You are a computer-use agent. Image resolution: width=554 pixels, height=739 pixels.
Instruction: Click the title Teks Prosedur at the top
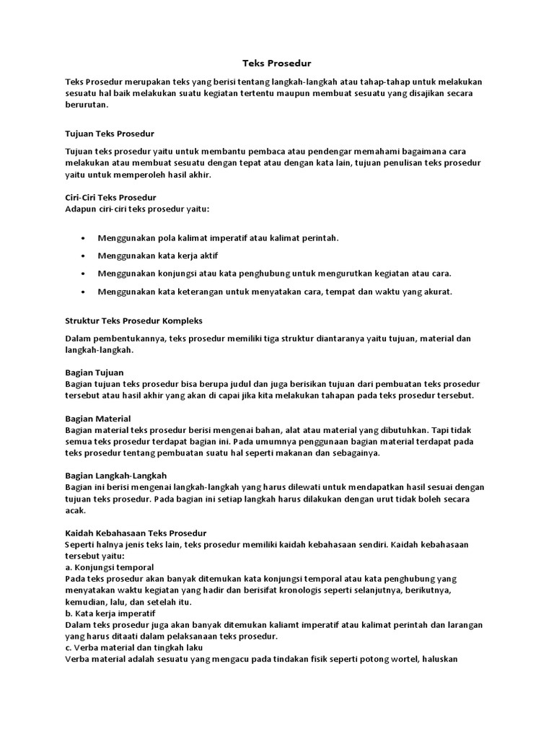click(x=276, y=64)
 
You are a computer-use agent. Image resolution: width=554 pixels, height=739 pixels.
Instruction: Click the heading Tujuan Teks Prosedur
click(x=110, y=134)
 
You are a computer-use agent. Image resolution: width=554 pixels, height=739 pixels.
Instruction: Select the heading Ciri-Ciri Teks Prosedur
click(x=110, y=197)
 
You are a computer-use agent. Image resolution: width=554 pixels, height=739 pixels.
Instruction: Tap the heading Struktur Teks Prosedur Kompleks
click(x=135, y=320)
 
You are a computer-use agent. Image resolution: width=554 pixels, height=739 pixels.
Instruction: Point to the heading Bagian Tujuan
click(x=94, y=372)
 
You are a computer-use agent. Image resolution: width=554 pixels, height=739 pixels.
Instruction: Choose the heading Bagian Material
click(x=97, y=419)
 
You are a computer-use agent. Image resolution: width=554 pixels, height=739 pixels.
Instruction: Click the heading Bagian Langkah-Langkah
click(x=115, y=475)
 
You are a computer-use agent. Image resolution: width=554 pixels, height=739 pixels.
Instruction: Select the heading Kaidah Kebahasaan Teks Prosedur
click(x=136, y=533)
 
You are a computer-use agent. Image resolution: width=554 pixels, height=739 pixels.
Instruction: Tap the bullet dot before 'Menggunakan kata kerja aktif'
click(x=84, y=255)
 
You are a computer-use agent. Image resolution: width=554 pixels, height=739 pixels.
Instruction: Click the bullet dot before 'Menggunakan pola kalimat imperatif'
click(x=84, y=237)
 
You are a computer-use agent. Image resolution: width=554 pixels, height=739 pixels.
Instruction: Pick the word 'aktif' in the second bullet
click(x=207, y=255)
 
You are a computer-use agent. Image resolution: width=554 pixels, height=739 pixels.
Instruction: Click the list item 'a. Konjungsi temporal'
click(x=109, y=567)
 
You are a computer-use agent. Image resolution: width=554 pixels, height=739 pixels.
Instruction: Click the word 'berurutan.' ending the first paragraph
click(x=87, y=105)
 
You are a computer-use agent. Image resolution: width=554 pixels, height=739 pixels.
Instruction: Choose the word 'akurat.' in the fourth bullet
click(x=436, y=292)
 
